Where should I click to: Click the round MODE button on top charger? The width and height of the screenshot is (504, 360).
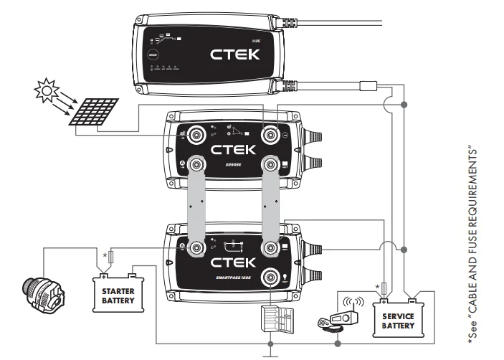click(152, 54)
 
